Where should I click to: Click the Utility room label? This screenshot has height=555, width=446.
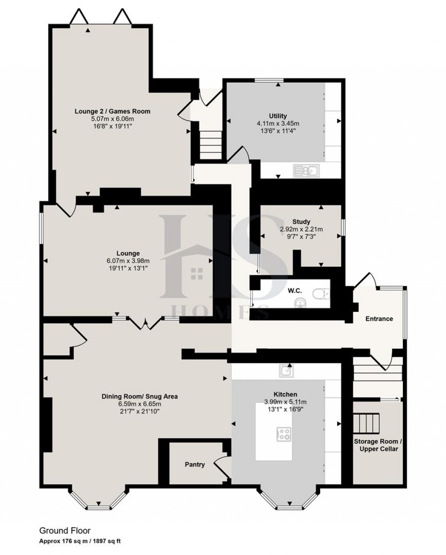pyautogui.click(x=278, y=116)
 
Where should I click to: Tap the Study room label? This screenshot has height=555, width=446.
pyautogui.click(x=301, y=222)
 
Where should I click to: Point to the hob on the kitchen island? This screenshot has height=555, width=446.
pyautogui.click(x=284, y=433)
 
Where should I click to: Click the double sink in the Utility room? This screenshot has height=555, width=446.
pyautogui.click(x=307, y=170)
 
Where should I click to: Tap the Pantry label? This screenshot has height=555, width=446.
pyautogui.click(x=195, y=464)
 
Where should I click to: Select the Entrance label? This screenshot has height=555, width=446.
pyautogui.click(x=379, y=318)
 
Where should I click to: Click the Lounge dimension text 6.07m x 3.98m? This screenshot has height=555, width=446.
pyautogui.click(x=128, y=261)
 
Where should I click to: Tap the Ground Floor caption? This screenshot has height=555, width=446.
pyautogui.click(x=65, y=531)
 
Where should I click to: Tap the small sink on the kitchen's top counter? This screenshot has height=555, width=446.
pyautogui.click(x=286, y=371)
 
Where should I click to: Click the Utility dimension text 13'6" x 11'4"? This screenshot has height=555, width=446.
pyautogui.click(x=278, y=130)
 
